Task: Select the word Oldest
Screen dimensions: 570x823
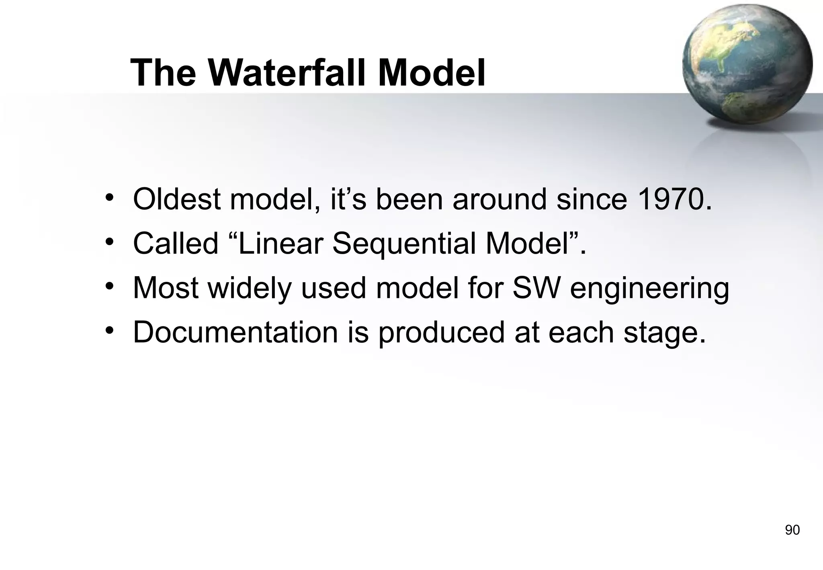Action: coord(177,199)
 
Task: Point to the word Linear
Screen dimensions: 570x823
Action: coord(281,244)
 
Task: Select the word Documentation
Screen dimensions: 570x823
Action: coord(235,332)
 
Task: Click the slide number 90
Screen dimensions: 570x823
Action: coord(792,530)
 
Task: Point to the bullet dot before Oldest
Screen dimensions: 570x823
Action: coord(109,198)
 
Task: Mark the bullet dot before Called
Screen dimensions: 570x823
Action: coord(109,242)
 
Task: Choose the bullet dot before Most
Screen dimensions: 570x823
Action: coord(109,287)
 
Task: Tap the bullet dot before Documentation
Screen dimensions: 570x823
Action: coord(109,331)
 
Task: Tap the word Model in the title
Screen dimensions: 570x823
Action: coord(432,73)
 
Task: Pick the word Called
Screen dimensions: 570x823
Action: coord(176,244)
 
